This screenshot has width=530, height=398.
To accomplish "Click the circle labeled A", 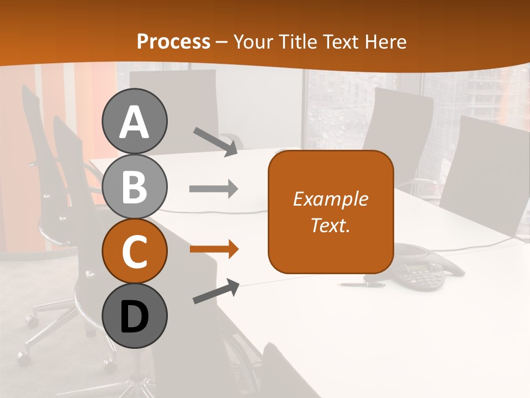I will pyautogui.click(x=134, y=121).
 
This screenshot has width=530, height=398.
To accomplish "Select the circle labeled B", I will pyautogui.click(x=134, y=186).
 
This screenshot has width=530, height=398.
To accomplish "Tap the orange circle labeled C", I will pyautogui.click(x=134, y=251).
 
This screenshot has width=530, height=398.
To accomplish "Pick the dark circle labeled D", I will pyautogui.click(x=134, y=316).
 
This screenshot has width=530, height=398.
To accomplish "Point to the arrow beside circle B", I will pyautogui.click(x=214, y=189).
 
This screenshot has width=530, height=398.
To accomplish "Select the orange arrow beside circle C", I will pyautogui.click(x=214, y=249).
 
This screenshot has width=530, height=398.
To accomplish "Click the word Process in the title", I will pyautogui.click(x=173, y=41).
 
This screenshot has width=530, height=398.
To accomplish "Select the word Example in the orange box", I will pyautogui.click(x=330, y=199).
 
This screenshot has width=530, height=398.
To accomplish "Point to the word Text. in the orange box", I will pyautogui.click(x=330, y=225).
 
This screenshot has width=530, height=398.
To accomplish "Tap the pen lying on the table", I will pyautogui.click(x=363, y=285).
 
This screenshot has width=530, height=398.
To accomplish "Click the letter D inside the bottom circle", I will pyautogui.click(x=134, y=317).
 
